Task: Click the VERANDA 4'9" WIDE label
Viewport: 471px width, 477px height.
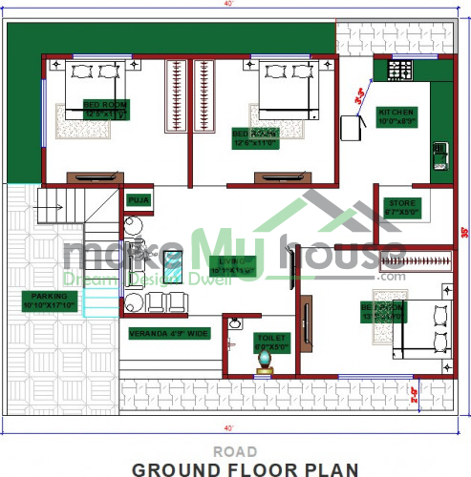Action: pyautogui.click(x=168, y=333)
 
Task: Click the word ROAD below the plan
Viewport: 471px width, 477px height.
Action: pyautogui.click(x=235, y=449)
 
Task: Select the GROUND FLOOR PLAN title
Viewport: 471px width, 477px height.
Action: pyautogui.click(x=246, y=467)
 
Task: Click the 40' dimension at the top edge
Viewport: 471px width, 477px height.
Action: pyautogui.click(x=236, y=5)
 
